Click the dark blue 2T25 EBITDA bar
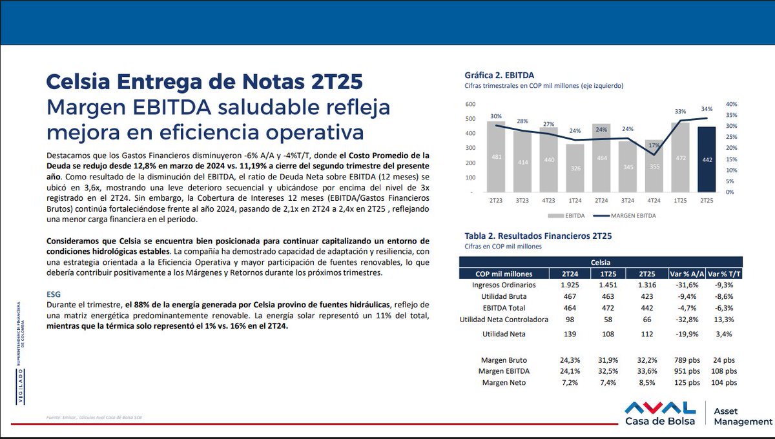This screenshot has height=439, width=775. (707, 159)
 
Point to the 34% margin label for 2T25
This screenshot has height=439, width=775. (707, 109)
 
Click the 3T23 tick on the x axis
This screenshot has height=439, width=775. (522, 200)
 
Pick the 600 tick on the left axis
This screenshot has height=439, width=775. (470, 105)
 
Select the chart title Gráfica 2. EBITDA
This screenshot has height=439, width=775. (499, 75)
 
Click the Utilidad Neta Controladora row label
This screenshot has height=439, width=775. (503, 320)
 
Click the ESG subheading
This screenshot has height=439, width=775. (54, 294)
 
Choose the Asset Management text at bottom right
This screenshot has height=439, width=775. (743, 415)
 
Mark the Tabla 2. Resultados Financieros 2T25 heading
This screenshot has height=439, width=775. (538, 236)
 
